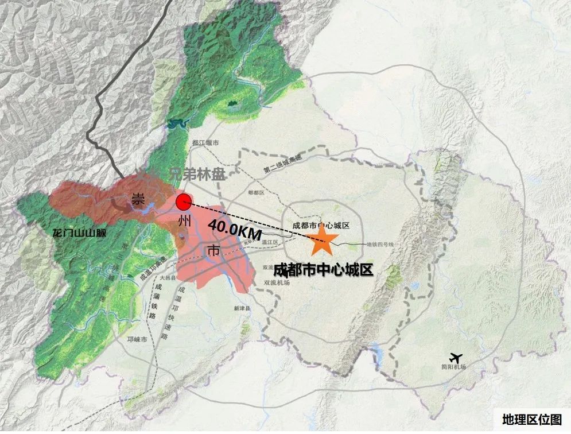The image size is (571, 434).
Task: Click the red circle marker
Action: click(183, 202)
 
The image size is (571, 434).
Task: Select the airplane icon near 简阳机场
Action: click(457, 357)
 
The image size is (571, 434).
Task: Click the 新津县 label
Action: click(243, 309)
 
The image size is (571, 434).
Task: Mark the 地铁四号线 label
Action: click(380, 245)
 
